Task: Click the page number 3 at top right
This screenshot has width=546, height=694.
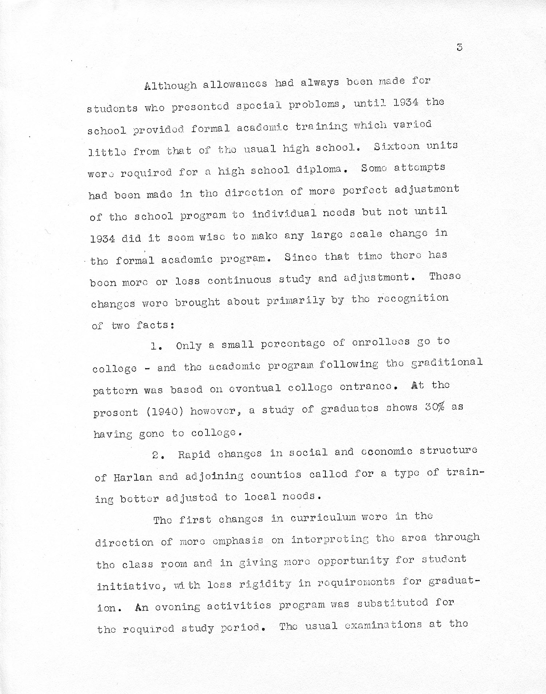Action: tap(459, 47)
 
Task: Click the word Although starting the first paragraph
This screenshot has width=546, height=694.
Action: tap(170, 86)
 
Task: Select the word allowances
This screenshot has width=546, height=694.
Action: tap(234, 84)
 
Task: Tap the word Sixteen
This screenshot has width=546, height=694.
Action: tap(396, 146)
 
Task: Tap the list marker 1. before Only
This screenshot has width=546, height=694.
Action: tap(157, 346)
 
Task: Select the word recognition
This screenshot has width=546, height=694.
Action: tap(413, 299)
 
